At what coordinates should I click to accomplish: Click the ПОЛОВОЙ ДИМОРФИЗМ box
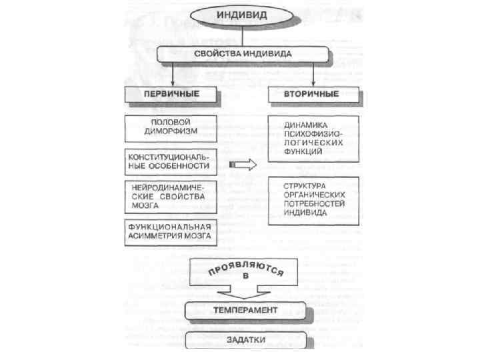tap(171, 127)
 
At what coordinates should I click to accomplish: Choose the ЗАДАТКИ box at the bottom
tap(247, 339)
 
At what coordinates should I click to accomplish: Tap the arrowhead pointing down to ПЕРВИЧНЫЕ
tap(172, 79)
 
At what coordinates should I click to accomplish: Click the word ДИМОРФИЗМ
tap(171, 132)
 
